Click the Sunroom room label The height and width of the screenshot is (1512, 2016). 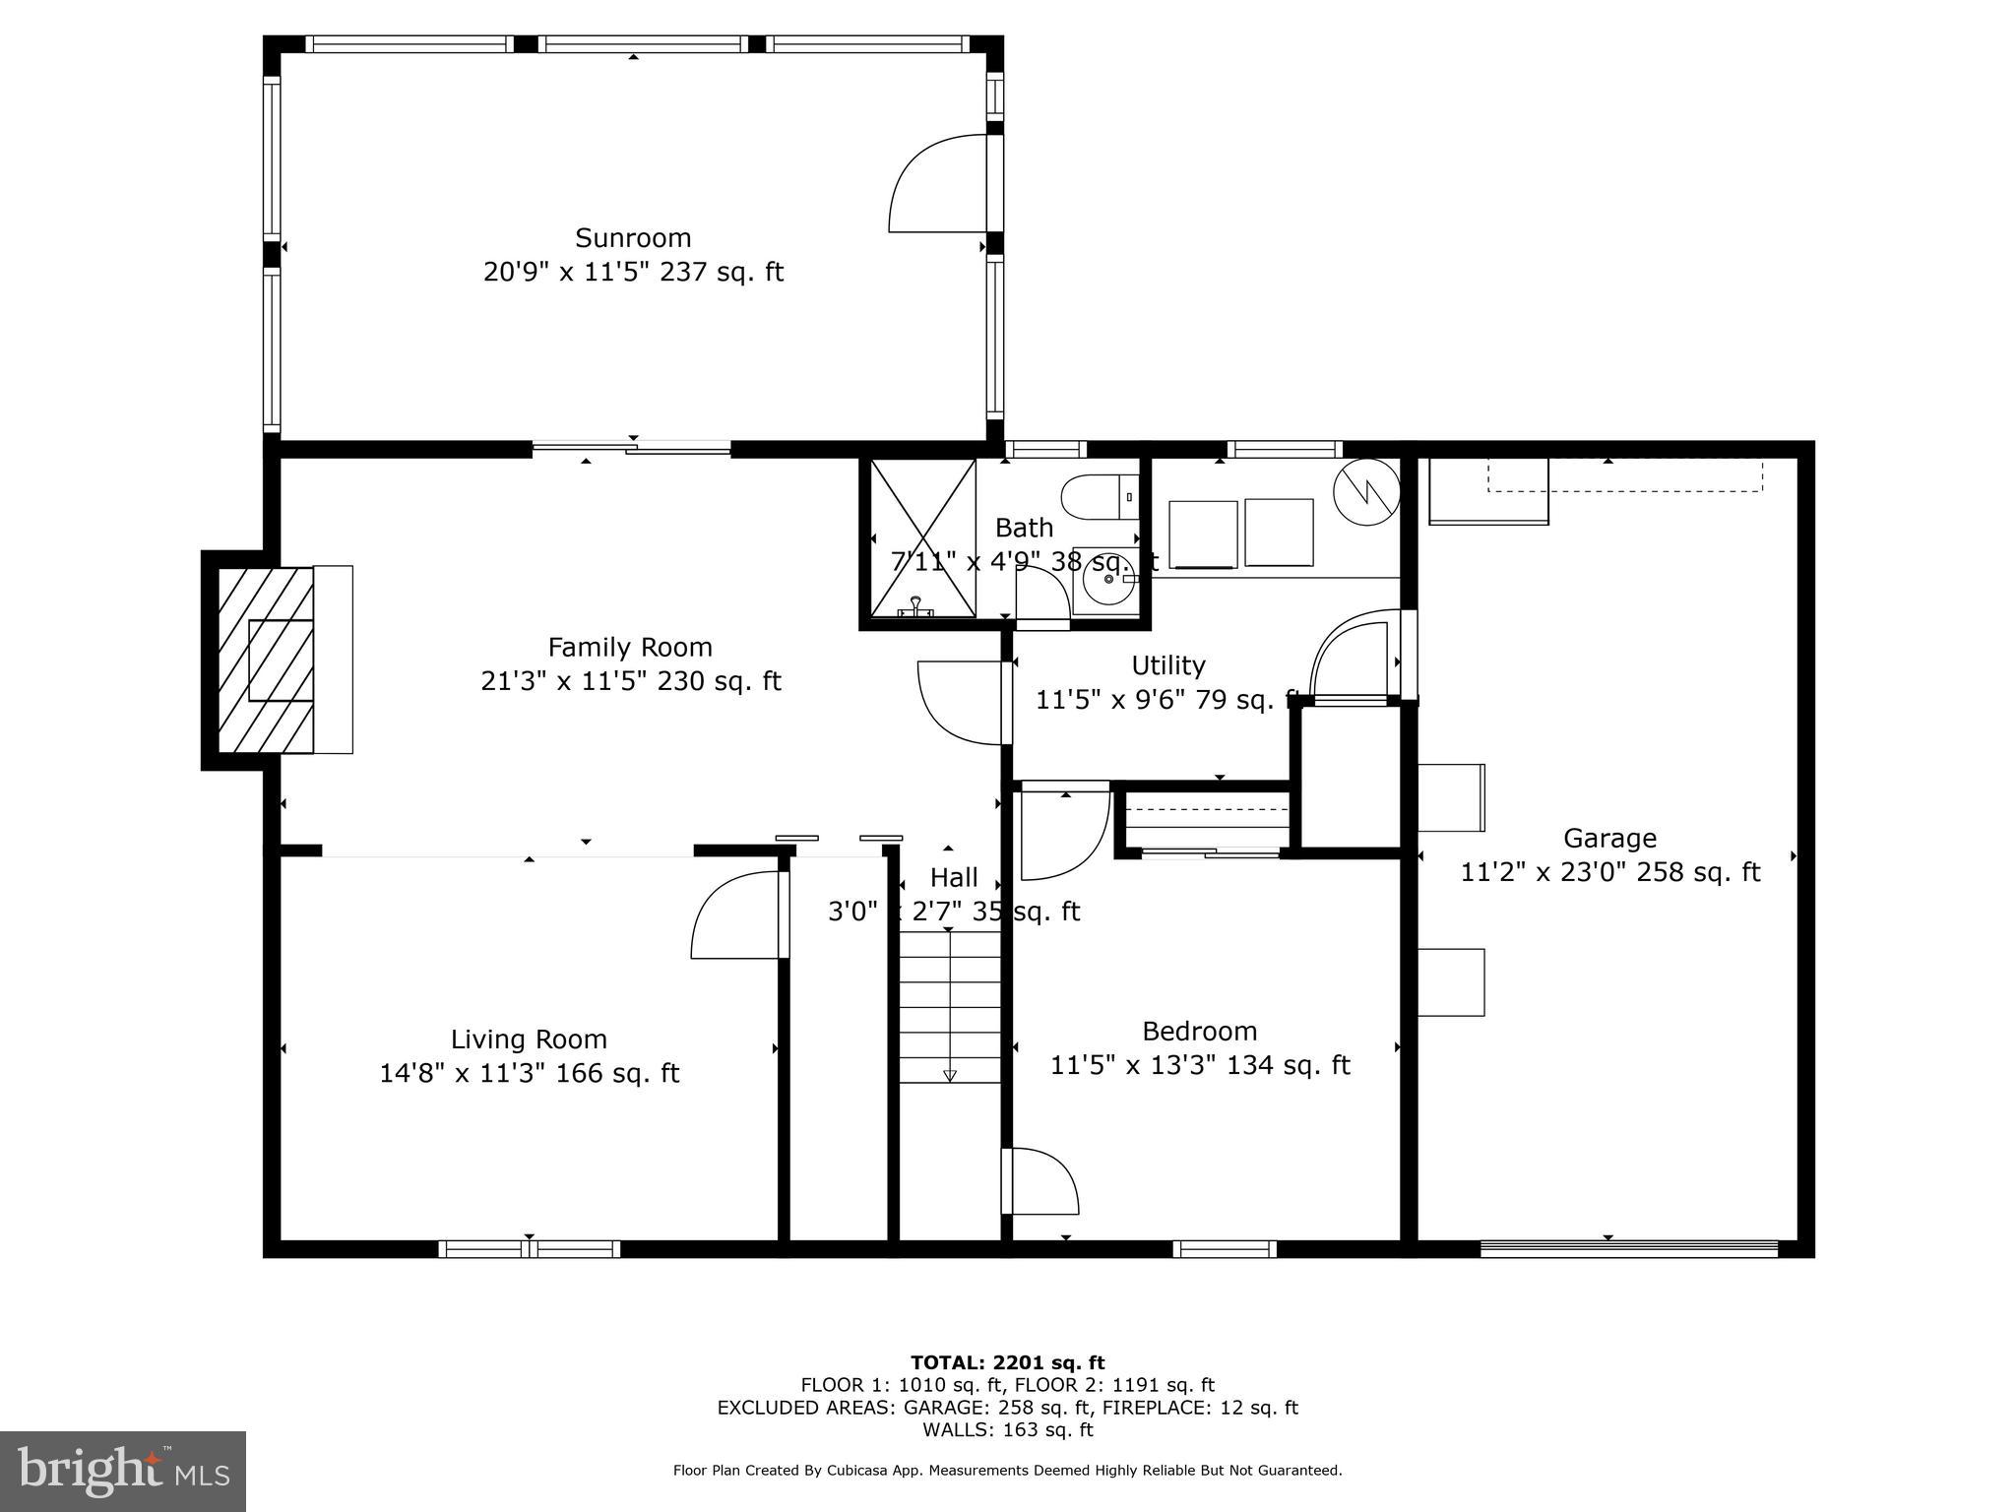[633, 238]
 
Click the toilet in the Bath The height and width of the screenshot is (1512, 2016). [1101, 497]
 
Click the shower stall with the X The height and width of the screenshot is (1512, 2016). [922, 538]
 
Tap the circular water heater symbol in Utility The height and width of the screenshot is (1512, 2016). [1366, 491]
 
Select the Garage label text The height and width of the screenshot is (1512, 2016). [1609, 839]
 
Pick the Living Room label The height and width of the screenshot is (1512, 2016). [529, 1039]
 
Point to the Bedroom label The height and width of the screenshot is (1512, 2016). [1199, 1032]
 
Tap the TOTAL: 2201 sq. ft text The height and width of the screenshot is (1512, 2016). [1007, 1363]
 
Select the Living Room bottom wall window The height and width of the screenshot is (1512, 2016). [529, 1249]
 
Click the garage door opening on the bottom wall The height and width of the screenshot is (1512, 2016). [1629, 1249]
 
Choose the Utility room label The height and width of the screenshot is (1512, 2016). [1167, 665]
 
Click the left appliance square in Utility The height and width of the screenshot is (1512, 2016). [1202, 534]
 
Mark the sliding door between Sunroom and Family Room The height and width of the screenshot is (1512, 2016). [631, 449]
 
